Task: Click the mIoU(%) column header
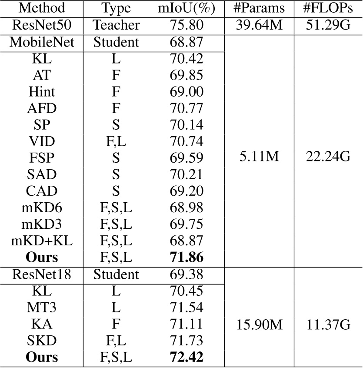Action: point(186,8)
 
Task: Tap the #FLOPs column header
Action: point(329,8)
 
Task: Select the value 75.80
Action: point(186,25)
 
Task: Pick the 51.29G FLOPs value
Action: point(329,25)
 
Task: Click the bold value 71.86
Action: point(186,257)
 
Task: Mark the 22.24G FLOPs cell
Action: point(329,157)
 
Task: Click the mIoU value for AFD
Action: point(186,108)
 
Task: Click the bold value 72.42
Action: point(186,358)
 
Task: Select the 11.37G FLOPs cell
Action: point(329,324)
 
